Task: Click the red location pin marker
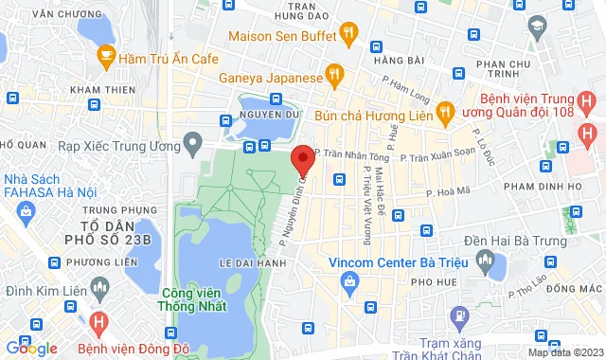[x=302, y=158]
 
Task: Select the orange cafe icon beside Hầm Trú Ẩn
[x=106, y=57]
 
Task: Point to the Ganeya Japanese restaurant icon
[x=332, y=73]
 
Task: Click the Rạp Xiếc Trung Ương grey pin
[x=194, y=146]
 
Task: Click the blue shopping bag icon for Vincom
[x=351, y=281]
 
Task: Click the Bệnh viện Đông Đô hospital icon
[x=98, y=323]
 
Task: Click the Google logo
[x=31, y=348]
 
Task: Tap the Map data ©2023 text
[x=565, y=352]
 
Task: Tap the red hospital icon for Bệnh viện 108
[x=586, y=135]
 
